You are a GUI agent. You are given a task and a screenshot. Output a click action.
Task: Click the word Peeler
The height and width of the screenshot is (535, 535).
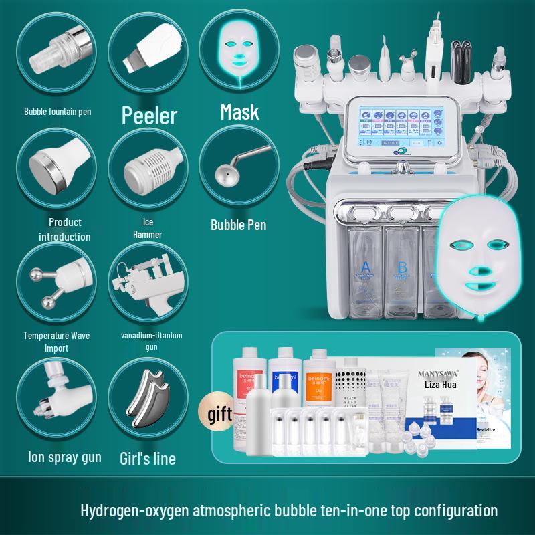(148, 115)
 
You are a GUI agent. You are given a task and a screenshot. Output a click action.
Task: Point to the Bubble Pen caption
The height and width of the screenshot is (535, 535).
(238, 225)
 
